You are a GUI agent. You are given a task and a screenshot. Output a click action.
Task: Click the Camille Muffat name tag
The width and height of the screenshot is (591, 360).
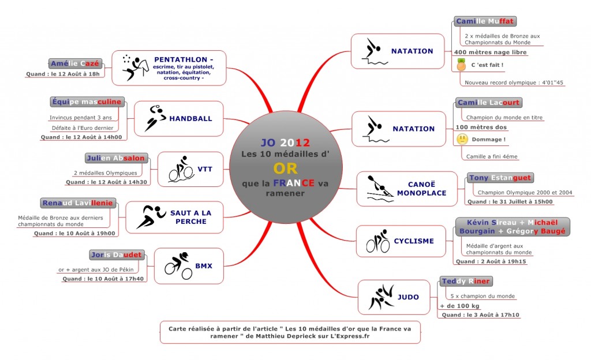(x=485, y=21)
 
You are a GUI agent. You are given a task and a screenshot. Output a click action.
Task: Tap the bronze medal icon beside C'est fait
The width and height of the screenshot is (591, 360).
(x=461, y=65)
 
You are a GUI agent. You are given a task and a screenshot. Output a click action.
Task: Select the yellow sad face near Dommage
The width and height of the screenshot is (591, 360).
(x=462, y=140)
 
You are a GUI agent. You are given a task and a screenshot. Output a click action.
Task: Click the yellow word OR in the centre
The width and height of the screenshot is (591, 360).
(x=285, y=168)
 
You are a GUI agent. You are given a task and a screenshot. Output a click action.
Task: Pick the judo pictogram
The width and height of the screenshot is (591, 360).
(x=381, y=297)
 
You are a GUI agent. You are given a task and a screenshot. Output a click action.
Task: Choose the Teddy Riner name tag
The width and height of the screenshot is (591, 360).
(x=466, y=282)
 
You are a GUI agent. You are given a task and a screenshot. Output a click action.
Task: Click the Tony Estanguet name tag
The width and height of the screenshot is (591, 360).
(x=500, y=178)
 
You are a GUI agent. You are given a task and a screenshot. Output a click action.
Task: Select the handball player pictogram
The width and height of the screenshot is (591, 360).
(x=155, y=118)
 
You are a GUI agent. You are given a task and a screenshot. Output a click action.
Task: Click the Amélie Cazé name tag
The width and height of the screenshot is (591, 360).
(x=75, y=63)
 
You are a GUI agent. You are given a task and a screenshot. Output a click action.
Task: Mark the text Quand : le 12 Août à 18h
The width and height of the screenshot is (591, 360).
(x=63, y=74)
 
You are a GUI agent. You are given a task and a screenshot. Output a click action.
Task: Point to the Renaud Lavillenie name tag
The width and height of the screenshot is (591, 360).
(x=78, y=203)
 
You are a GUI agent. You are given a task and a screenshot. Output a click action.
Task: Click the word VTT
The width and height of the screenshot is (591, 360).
(x=205, y=169)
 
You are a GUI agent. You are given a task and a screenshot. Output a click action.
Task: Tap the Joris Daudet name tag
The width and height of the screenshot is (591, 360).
(x=117, y=255)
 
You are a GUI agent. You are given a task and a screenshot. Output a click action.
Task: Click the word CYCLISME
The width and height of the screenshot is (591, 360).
(x=414, y=241)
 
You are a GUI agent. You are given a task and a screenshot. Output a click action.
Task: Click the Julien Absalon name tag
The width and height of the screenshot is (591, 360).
(x=115, y=158)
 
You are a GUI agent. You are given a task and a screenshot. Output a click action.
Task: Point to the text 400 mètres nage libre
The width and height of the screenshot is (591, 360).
(x=491, y=52)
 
